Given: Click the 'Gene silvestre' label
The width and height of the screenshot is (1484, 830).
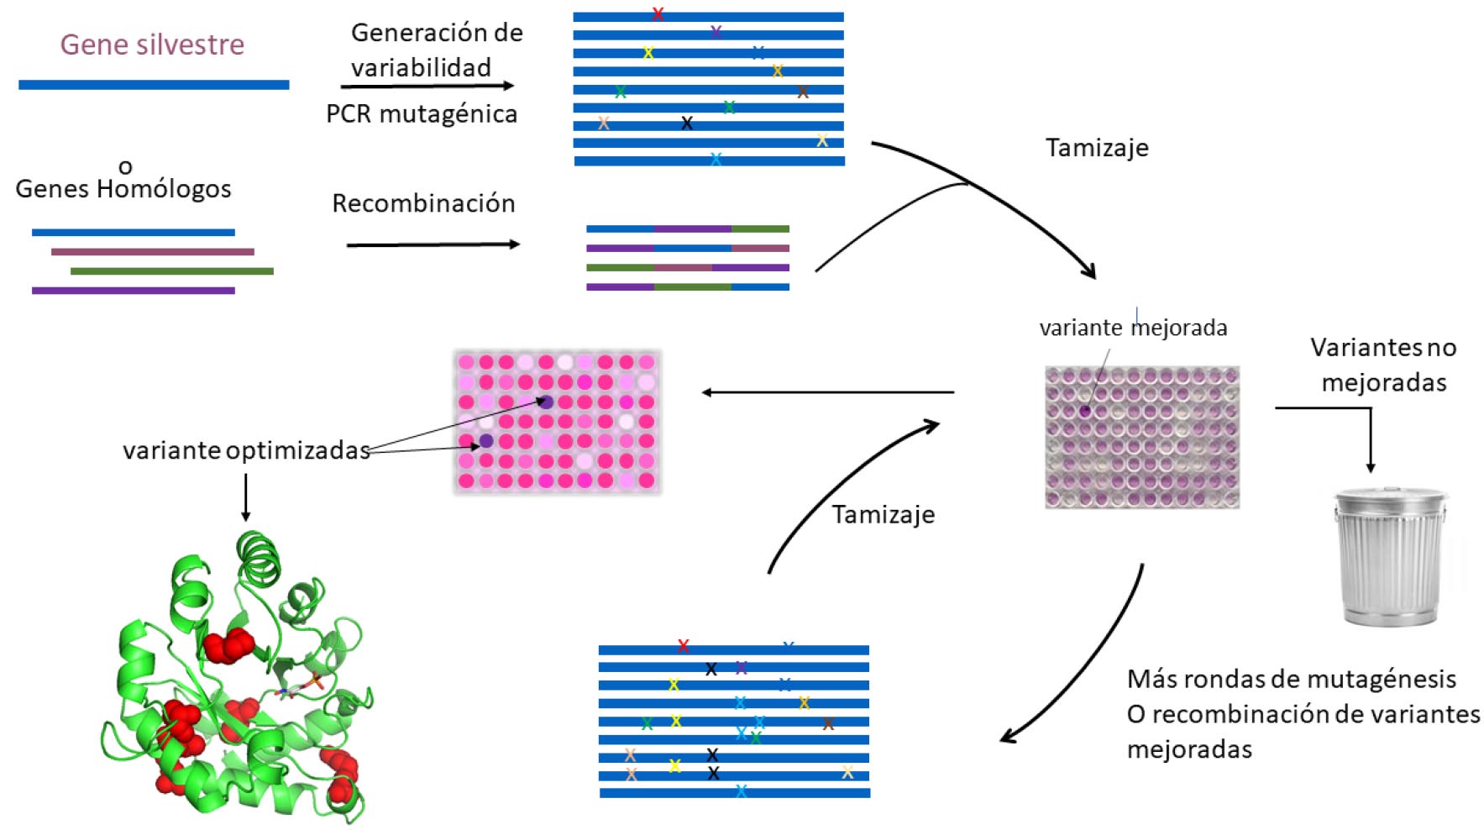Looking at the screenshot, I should tap(152, 45).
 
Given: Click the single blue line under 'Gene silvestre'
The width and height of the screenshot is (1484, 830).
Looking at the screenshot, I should tap(154, 85).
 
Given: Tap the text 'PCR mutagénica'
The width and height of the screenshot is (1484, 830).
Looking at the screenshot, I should tap(422, 114).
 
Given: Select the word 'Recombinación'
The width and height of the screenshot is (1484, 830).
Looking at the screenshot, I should tap(423, 203).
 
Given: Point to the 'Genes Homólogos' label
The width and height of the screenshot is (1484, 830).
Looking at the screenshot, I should tap(123, 189).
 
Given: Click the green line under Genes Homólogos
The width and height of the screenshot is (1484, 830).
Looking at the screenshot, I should tap(172, 271).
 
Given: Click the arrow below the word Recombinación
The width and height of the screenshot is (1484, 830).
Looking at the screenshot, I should tap(433, 244).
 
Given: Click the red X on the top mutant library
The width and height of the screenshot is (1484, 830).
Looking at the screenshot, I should tap(658, 14).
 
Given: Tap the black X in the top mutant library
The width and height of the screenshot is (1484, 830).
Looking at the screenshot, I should tap(687, 123).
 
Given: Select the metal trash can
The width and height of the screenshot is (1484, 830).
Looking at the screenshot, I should tap(1391, 559).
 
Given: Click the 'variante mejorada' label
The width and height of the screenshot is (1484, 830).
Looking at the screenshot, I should tap(1133, 328).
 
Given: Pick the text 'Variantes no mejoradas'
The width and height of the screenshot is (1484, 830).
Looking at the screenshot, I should tap(1383, 365).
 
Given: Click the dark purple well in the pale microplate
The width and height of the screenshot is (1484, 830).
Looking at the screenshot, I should tap(1085, 411).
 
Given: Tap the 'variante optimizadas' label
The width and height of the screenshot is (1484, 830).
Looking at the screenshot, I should tap(246, 450).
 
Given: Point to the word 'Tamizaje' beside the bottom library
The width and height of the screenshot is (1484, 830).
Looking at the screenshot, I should tap(884, 514).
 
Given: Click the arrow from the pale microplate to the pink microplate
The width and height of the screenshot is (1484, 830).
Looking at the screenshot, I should tap(827, 392).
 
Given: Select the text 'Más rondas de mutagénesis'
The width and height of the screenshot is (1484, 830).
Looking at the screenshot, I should tap(1292, 679).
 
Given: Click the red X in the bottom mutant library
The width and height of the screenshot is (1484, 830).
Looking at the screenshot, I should tap(683, 646).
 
